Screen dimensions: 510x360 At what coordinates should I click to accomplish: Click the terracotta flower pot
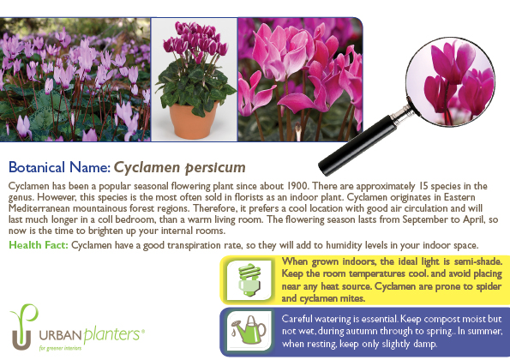(x=193, y=121)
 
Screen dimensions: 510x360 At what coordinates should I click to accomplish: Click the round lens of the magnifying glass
(x=451, y=81)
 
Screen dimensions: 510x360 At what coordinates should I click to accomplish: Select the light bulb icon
(x=249, y=279)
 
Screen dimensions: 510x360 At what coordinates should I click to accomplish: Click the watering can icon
(x=249, y=330)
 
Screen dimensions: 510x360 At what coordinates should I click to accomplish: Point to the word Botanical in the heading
(x=36, y=167)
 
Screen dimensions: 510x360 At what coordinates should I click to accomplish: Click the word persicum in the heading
(x=215, y=168)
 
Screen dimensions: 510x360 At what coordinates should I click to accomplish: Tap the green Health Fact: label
(x=39, y=245)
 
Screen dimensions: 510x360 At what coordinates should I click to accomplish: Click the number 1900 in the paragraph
(x=297, y=186)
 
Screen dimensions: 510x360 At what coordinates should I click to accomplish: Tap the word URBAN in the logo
(x=61, y=335)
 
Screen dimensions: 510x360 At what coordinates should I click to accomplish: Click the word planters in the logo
(x=112, y=334)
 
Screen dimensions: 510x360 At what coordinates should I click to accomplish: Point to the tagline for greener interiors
(x=60, y=348)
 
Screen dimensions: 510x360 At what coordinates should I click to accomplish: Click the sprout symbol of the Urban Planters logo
(x=23, y=327)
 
